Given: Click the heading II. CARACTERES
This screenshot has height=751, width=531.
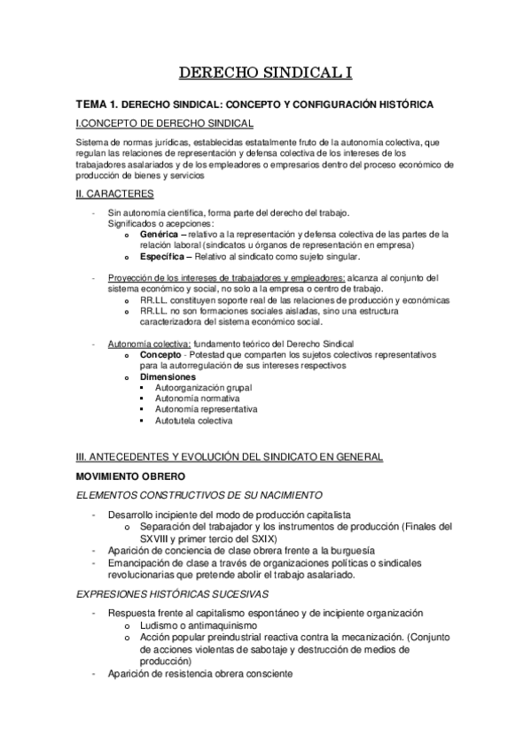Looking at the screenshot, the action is [x=116, y=193].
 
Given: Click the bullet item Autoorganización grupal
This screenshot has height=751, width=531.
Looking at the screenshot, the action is [x=203, y=388].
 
